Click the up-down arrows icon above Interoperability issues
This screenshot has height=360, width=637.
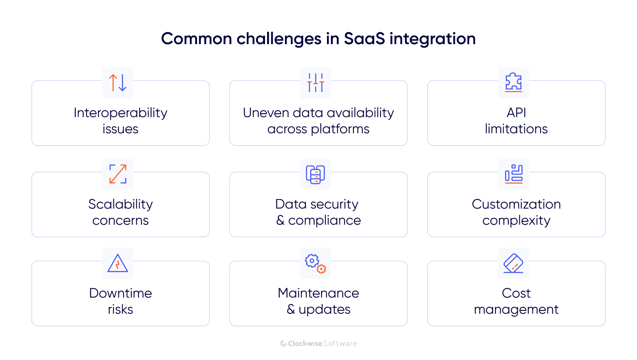[x=118, y=83]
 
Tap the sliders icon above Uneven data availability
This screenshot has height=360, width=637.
[x=316, y=83]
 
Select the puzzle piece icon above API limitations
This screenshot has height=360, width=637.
[x=513, y=82]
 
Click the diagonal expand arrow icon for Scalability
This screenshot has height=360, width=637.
[x=118, y=174]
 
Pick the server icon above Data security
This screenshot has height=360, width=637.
[x=316, y=174]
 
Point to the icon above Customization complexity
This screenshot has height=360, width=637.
[x=513, y=174]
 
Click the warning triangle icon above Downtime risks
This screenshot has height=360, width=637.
[x=118, y=263]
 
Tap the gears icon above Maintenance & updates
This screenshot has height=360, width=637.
[x=316, y=263]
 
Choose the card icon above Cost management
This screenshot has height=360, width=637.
[x=513, y=263]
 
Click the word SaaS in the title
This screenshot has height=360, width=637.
[x=364, y=39]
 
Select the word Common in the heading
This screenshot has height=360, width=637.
[x=197, y=39]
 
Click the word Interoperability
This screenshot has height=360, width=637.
[x=121, y=113]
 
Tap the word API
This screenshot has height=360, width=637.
[x=516, y=113]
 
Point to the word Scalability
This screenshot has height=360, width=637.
[x=121, y=204]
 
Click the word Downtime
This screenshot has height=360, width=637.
[x=121, y=293]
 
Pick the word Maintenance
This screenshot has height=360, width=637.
[x=318, y=293]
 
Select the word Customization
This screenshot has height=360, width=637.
[x=516, y=204]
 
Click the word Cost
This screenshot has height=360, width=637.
[x=516, y=293]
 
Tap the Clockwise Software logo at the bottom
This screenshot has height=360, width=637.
[x=318, y=343]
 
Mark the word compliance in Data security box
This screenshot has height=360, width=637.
[x=324, y=221]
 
